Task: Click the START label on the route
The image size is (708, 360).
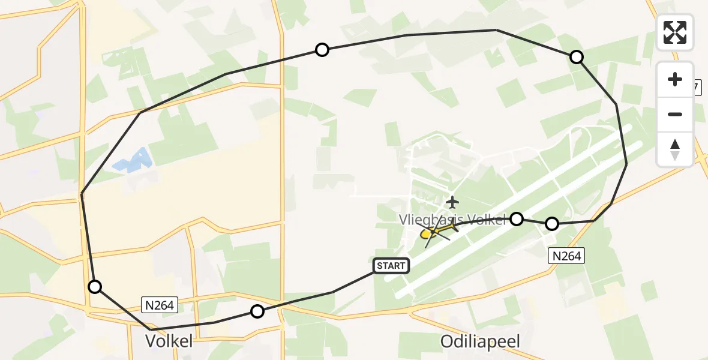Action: pos(391,265)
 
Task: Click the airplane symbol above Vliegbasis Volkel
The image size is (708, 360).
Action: pos(452,202)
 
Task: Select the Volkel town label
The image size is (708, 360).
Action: pos(170,341)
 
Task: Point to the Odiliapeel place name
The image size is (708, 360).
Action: pos(480,341)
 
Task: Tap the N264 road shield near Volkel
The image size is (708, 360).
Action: pos(160,305)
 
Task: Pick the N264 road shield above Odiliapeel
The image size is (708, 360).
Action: pos(566,256)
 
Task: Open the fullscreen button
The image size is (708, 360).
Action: pos(675,32)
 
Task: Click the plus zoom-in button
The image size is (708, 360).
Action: pos(675,79)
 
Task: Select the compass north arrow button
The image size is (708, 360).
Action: pos(675,149)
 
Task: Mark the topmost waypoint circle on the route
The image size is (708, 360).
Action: pos(322,50)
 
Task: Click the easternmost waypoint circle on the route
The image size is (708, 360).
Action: pos(576,57)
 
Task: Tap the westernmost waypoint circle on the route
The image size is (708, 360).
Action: pos(95,287)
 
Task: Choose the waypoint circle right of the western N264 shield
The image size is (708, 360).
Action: pos(257,311)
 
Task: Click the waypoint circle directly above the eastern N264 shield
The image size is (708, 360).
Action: pos(552,224)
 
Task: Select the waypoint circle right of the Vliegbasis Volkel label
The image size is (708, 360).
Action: pos(517,219)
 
